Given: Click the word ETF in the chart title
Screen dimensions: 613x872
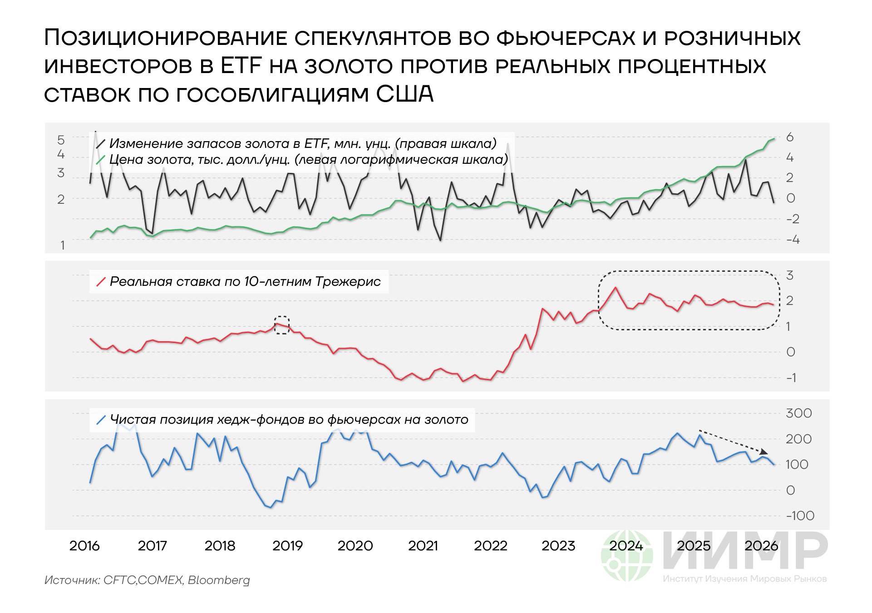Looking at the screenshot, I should click(x=241, y=66).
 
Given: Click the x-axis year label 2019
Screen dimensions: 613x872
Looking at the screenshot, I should click(x=287, y=545).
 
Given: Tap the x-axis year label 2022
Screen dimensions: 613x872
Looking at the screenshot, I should click(x=490, y=545).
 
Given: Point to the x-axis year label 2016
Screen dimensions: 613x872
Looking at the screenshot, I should click(x=84, y=545).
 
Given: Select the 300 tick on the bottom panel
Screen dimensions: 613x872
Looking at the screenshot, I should click(x=798, y=413).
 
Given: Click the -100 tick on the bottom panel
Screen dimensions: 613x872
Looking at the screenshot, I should click(x=800, y=516).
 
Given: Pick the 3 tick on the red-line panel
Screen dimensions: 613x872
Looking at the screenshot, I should click(x=790, y=275).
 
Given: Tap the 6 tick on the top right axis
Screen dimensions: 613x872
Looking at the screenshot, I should click(x=790, y=137).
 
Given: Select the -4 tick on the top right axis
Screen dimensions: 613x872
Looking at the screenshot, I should click(x=792, y=240).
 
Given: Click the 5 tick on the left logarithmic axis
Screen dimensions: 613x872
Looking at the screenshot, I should click(x=61, y=140).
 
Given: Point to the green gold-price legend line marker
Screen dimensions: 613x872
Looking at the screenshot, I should click(x=101, y=160).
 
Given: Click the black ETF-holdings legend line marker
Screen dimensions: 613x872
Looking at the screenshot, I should click(x=101, y=144).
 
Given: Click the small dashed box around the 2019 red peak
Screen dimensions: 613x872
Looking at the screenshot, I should click(x=282, y=325).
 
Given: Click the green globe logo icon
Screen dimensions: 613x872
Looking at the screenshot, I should click(x=626, y=556).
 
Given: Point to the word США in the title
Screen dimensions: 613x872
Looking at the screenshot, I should click(x=405, y=94).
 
